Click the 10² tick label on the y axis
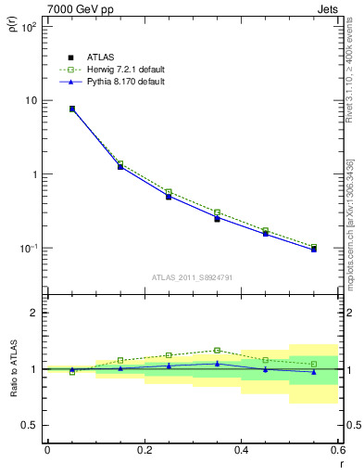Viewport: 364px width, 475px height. (x=29, y=27)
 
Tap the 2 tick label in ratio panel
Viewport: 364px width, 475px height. (x=32, y=313)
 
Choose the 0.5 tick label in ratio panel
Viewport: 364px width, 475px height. (x=29, y=425)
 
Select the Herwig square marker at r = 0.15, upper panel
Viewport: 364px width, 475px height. (x=120, y=163)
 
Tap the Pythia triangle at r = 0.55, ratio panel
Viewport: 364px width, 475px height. (x=314, y=371)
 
